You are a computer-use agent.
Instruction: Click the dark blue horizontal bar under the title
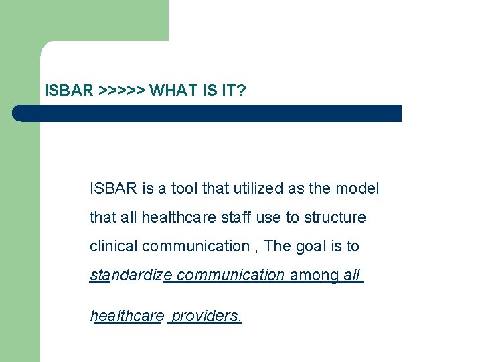click(208, 113)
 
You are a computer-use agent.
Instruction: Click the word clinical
click(113, 247)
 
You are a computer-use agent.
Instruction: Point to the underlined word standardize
click(131, 275)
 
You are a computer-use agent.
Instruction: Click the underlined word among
click(314, 275)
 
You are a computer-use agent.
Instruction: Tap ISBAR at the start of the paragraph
click(113, 189)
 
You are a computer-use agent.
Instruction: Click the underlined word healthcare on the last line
click(127, 316)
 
